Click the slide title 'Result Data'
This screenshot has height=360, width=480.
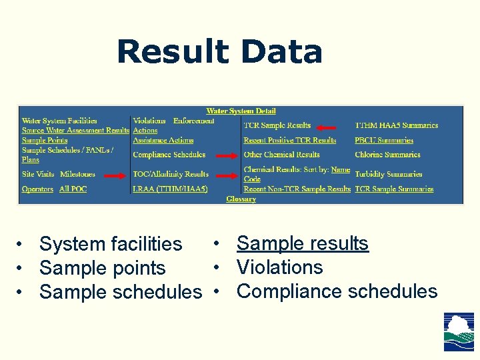pyautogui.click(x=219, y=52)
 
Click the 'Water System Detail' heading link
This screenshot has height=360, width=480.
pyautogui.click(x=241, y=111)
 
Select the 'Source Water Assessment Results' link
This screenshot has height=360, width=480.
pyautogui.click(x=75, y=131)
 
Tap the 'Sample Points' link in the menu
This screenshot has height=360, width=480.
pyautogui.click(x=45, y=141)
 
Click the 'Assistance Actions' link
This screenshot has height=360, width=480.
pyautogui.click(x=163, y=141)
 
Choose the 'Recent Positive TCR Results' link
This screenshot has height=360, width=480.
pyautogui.click(x=289, y=141)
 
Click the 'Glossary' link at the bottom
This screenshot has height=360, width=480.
pyautogui.click(x=241, y=199)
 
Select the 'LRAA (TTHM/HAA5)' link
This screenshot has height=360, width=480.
pyautogui.click(x=170, y=189)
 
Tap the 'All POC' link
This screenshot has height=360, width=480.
pyautogui.click(x=73, y=189)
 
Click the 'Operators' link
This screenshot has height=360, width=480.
pyautogui.click(x=37, y=189)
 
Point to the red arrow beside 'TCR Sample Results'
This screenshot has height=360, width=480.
pyautogui.click(x=327, y=126)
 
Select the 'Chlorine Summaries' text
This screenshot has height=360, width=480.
pyautogui.click(x=387, y=155)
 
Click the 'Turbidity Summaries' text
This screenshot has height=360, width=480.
pyautogui.click(x=389, y=174)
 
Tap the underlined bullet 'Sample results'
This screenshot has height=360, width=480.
pyautogui.click(x=302, y=243)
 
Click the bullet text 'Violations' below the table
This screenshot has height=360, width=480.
pyautogui.click(x=279, y=267)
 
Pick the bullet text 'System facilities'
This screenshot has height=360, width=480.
pyautogui.click(x=111, y=245)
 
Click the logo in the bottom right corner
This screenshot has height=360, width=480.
pyautogui.click(x=459, y=332)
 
